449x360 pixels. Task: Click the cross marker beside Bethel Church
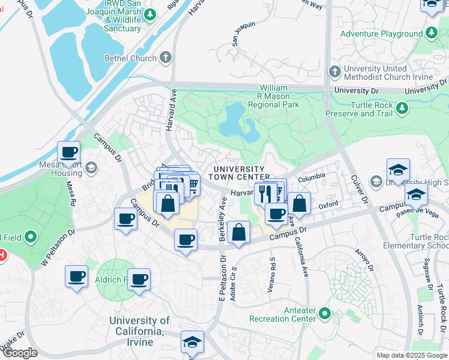tap(166, 58)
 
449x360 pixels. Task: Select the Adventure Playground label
tap(381, 34)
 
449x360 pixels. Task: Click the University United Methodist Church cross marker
tap(334, 73)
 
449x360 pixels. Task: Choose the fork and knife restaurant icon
tap(265, 193)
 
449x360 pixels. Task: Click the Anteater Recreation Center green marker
tap(325, 313)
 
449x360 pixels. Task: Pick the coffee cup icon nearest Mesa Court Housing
tap(69, 152)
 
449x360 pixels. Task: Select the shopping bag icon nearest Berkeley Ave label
tap(238, 232)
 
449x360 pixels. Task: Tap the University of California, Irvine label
tap(139, 331)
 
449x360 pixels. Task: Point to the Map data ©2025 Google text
tap(411, 355)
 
